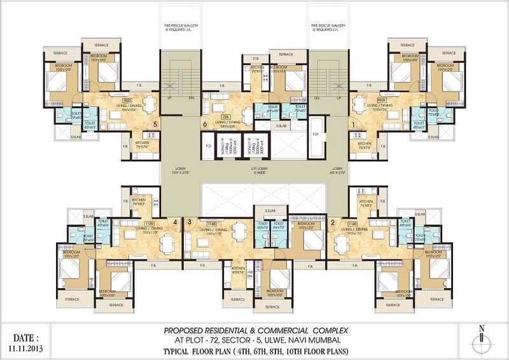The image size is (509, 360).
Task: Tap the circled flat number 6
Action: click(x=205, y=125)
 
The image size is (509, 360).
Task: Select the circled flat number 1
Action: click(x=353, y=125)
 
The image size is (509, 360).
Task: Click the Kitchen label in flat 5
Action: click(x=142, y=144)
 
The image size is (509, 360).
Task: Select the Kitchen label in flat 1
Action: click(x=364, y=145)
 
